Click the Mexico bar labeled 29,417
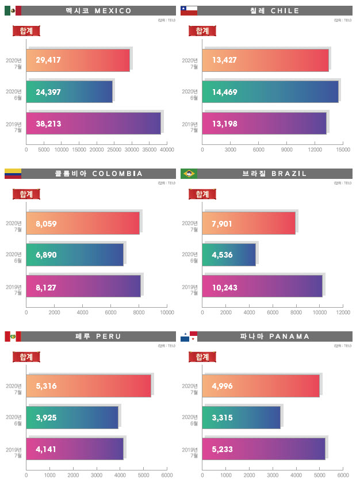pyautogui.click(x=78, y=60)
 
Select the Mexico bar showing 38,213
pyautogui.click(x=94, y=123)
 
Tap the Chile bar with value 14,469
pyautogui.click(x=270, y=91)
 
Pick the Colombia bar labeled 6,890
pyautogui.click(x=75, y=254)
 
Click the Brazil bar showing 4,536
pyautogui.click(x=229, y=254)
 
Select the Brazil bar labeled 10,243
pyautogui.click(x=262, y=286)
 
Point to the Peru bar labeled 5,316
pyautogui.click(x=89, y=385)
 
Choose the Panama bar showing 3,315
pyautogui.click(x=242, y=417)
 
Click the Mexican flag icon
pyautogui.click(x=13, y=10)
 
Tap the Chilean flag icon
pyautogui.click(x=189, y=10)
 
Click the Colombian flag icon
pyautogui.click(x=13, y=173)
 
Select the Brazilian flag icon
pyautogui.click(x=189, y=173)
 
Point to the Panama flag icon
pyautogui.click(x=189, y=336)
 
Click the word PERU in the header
pyautogui.click(x=108, y=336)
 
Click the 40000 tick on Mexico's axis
pyautogui.click(x=166, y=150)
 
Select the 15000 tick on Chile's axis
pyautogui.click(x=343, y=150)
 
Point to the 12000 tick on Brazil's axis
pyautogui.click(x=343, y=312)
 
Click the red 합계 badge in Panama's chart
pyautogui.click(x=202, y=357)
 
